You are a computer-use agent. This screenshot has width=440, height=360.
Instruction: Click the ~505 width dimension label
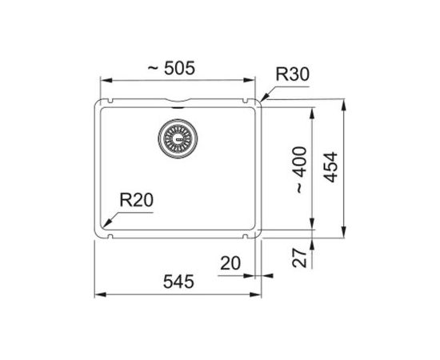[x=171, y=68]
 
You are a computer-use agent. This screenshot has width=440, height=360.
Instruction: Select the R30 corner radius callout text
[x=292, y=74]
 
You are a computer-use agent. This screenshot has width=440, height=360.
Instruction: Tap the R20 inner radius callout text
[x=137, y=200]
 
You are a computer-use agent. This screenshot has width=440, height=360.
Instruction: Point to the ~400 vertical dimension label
[x=301, y=170]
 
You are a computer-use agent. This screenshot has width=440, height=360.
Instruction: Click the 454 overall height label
[x=330, y=167]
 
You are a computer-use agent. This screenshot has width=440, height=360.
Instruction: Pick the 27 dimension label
[x=299, y=258]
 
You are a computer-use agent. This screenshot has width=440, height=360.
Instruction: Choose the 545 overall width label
[x=178, y=282]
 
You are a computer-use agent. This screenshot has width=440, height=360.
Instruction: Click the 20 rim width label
[x=230, y=263]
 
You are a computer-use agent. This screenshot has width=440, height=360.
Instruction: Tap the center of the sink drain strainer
[x=178, y=138]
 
